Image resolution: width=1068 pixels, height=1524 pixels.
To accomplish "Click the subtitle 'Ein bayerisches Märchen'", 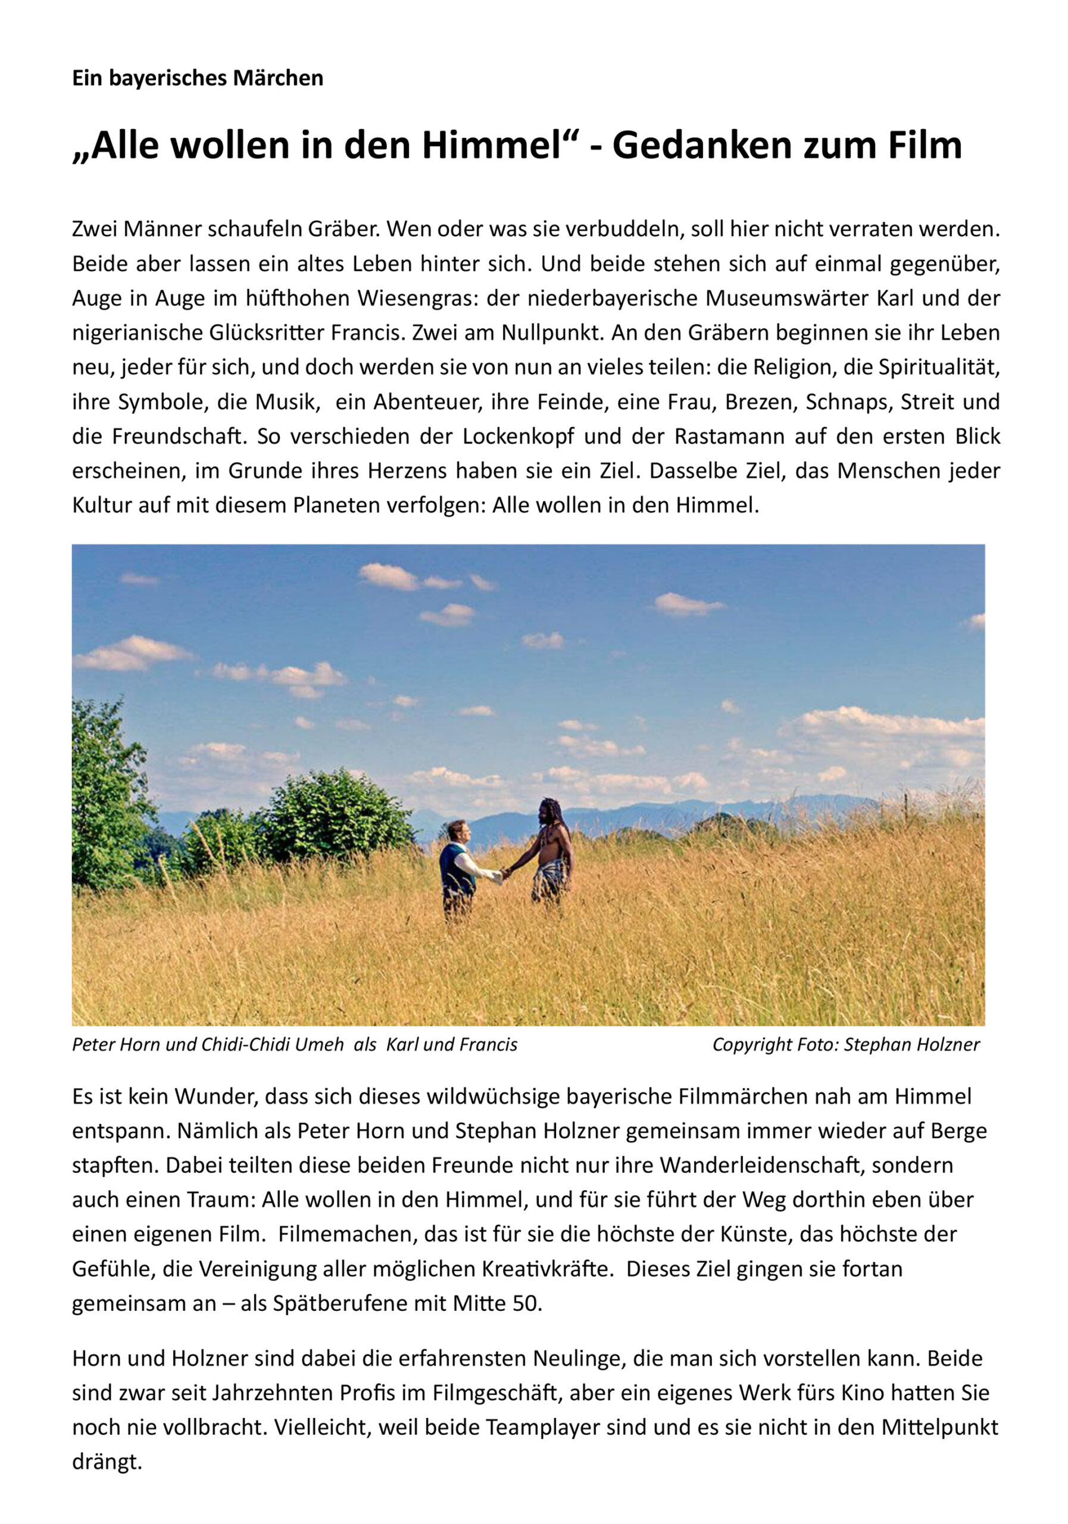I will pyautogui.click(x=198, y=79).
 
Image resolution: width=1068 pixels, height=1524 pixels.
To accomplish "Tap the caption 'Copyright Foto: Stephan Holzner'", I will pyautogui.click(x=845, y=1045).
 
